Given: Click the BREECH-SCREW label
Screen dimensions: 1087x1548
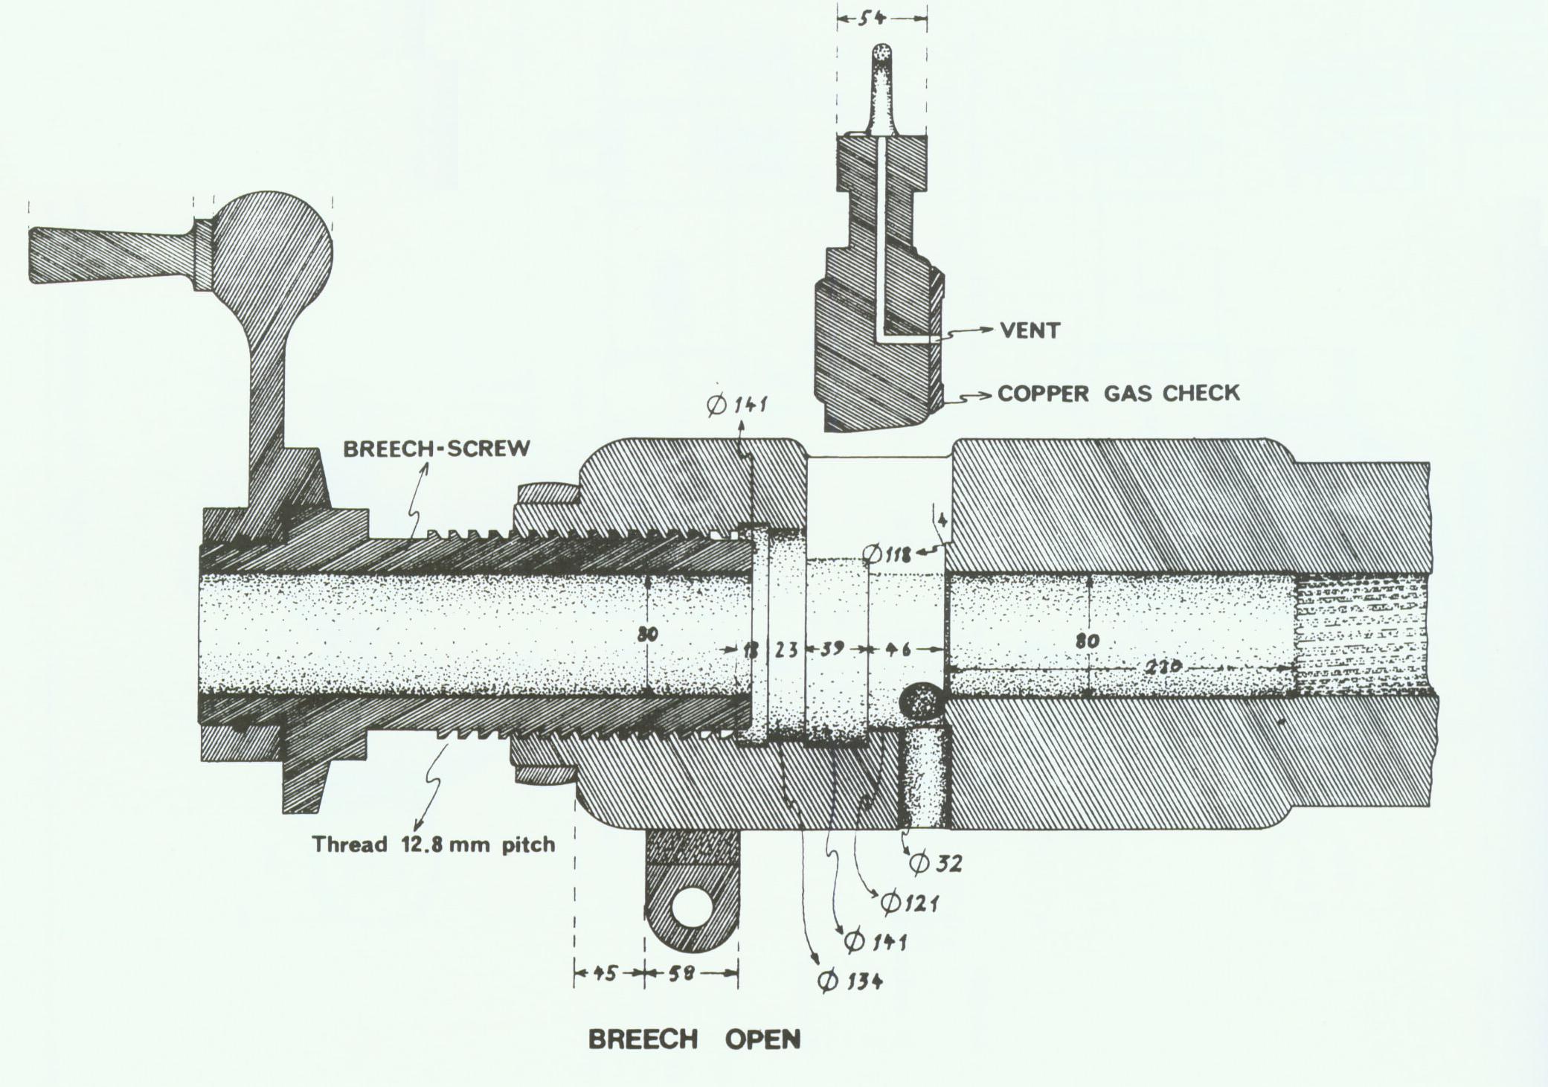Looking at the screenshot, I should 437,449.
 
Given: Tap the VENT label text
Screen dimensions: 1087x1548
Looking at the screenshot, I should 1030,330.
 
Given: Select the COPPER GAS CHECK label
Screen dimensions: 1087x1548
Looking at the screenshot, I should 1118,393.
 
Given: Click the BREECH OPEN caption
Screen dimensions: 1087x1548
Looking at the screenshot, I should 694,1039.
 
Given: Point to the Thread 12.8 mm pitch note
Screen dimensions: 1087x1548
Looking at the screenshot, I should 433,844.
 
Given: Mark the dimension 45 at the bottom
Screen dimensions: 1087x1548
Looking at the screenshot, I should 606,973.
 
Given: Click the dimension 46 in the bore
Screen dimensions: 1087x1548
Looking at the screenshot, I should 897,650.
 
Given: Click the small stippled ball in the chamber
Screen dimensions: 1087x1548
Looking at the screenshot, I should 921,702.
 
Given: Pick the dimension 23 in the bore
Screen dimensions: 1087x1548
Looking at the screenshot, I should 786,650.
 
